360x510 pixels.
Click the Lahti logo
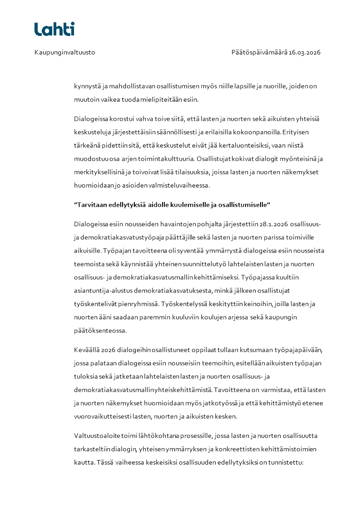coord(54,29)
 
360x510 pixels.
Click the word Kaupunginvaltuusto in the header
coord(64,52)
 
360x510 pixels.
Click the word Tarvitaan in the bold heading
coord(89,205)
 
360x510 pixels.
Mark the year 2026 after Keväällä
coord(108,350)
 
